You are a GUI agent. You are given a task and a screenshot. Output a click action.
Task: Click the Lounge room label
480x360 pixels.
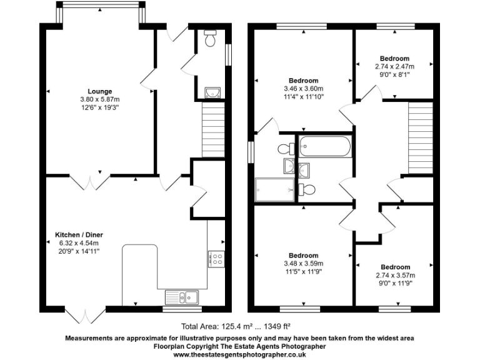coord(99,91)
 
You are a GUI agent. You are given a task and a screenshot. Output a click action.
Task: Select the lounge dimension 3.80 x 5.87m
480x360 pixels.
coord(99,99)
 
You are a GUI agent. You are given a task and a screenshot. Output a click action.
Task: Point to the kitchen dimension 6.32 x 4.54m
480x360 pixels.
coord(74,243)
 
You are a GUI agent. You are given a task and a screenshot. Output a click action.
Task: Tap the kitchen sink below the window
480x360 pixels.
coord(182,296)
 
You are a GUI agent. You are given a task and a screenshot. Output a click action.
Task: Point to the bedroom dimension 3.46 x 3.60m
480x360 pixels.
coord(303,89)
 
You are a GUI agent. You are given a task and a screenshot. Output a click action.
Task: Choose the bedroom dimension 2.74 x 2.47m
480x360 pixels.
coord(394,66)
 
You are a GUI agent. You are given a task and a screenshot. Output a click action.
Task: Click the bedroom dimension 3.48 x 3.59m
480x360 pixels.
coord(303,263)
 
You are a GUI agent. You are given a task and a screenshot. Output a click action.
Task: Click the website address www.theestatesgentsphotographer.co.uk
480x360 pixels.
coord(239,354)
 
